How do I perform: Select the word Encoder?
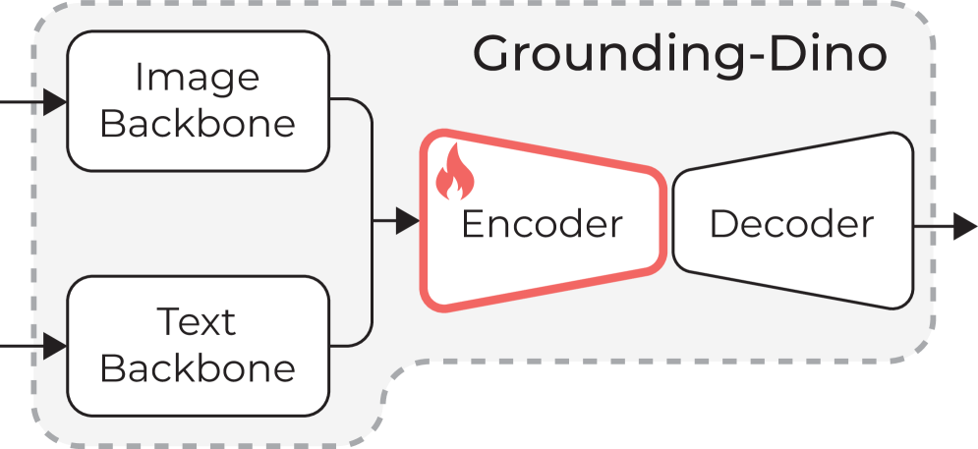coord(542,224)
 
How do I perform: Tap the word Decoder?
coord(791,224)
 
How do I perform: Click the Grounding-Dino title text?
coord(679,55)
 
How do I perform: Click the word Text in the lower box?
coord(197,321)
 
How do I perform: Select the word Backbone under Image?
coord(197,125)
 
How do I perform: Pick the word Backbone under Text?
coord(197,368)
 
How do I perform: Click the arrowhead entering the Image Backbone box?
coord(55,101)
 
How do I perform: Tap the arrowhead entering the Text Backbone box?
coord(55,346)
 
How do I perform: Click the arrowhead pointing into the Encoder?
coord(408,222)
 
